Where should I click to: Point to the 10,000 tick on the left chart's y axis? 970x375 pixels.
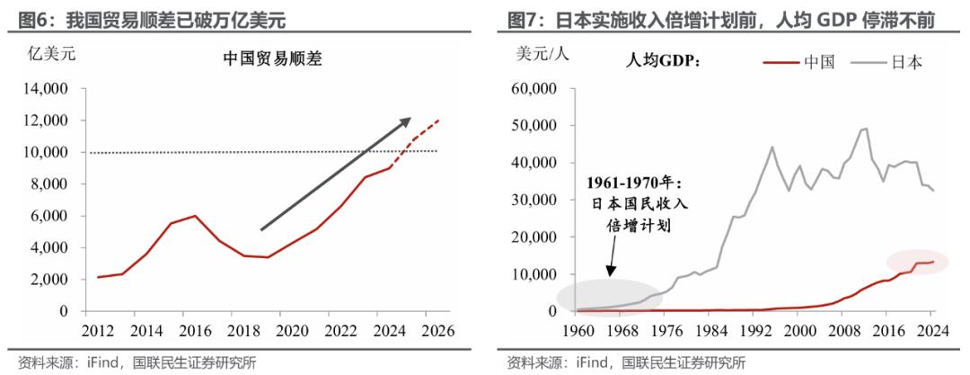coord(45,152)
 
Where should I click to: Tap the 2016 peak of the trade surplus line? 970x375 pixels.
coord(195,216)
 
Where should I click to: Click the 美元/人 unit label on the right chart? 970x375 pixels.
coord(542,52)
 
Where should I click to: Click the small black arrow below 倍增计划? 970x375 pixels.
coord(610,262)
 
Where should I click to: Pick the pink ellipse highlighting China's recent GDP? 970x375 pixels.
coord(916,262)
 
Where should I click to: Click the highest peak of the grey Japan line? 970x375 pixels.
coord(865,129)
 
